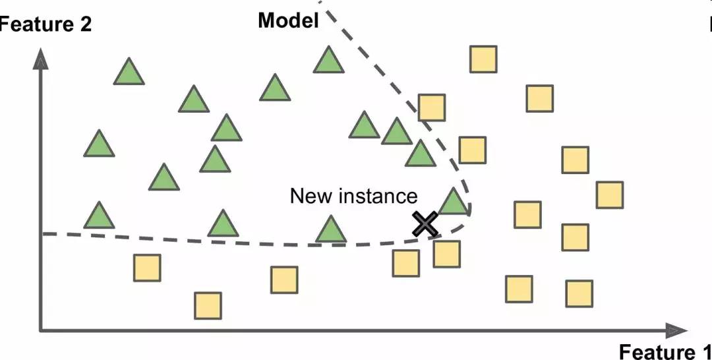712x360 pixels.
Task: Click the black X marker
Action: [425, 224]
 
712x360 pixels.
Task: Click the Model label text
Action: [288, 20]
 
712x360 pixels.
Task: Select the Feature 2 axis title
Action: [45, 25]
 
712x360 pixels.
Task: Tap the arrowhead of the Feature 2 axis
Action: [42, 61]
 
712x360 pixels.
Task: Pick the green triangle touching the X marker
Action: [453, 201]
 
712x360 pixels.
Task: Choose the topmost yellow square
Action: [483, 59]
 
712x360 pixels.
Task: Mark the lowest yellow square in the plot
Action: [208, 305]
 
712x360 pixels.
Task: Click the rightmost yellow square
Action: [609, 195]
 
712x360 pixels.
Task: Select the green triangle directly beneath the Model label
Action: [328, 60]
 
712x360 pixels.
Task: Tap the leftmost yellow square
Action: [146, 268]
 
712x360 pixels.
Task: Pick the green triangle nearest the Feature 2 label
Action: [129, 72]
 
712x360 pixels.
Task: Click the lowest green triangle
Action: [330, 229]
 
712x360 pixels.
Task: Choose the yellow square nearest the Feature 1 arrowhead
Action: [579, 293]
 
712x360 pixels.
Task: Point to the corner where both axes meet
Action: [42, 330]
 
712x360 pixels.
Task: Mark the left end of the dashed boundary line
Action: [44, 233]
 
